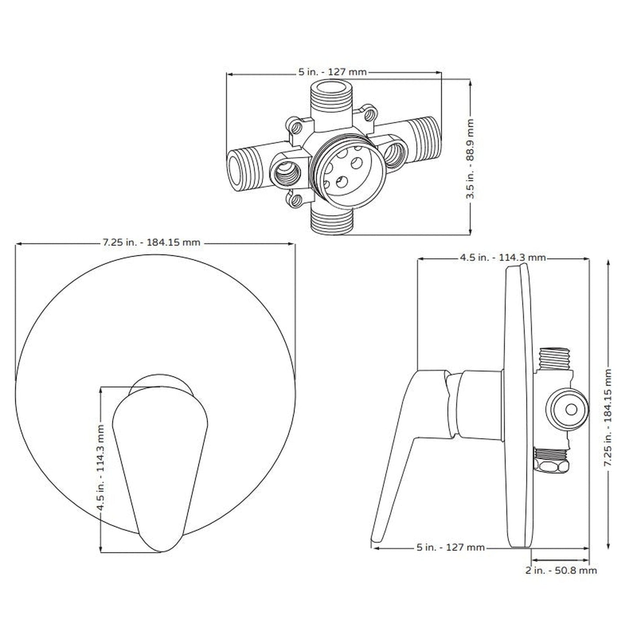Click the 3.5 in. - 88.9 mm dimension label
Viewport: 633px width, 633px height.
pos(470,158)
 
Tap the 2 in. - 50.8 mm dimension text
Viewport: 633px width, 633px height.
pos(561,570)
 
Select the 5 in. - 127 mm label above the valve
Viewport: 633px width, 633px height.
pos(332,72)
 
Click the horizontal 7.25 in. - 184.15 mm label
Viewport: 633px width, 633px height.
pos(152,242)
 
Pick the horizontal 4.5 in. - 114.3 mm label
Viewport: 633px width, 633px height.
pos(502,258)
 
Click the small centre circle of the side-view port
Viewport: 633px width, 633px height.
pos(571,409)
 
